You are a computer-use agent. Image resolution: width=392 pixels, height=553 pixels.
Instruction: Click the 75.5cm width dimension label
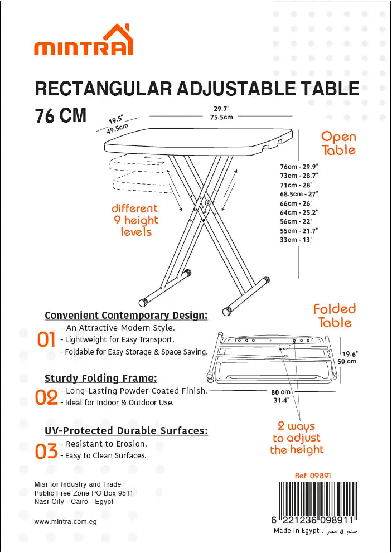point(221,117)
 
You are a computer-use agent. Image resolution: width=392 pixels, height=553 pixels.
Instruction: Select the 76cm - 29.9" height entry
point(299,167)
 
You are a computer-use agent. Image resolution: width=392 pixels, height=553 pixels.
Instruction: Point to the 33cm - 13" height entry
point(296,240)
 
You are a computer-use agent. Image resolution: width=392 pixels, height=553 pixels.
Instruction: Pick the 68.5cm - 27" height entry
point(299,194)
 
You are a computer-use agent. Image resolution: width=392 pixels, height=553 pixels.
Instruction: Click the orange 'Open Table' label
point(338,143)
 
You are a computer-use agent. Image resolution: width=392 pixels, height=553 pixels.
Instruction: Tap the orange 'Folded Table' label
point(335,316)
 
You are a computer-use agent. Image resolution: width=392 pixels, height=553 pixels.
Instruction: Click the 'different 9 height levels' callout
point(135,220)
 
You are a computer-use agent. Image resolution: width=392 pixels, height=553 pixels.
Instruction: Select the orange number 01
point(46,339)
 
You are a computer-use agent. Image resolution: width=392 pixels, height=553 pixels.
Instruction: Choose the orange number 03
point(46,451)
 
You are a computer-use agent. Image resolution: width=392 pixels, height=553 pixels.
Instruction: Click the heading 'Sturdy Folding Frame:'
point(101,379)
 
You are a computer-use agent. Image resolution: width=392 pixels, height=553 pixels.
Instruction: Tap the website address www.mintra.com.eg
point(66,522)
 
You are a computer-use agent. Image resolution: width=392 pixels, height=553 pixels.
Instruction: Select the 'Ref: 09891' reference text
point(313,476)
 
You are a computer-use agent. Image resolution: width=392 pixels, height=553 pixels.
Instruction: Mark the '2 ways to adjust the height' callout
point(297,438)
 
